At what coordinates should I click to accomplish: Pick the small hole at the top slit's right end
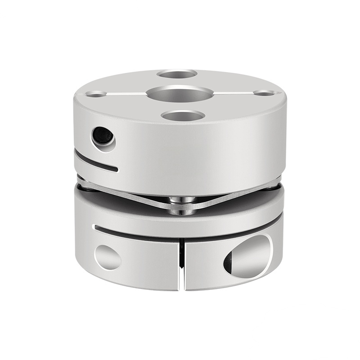(261, 93)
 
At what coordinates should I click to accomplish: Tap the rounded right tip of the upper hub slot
(116, 170)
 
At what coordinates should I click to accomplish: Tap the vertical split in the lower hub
(182, 261)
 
